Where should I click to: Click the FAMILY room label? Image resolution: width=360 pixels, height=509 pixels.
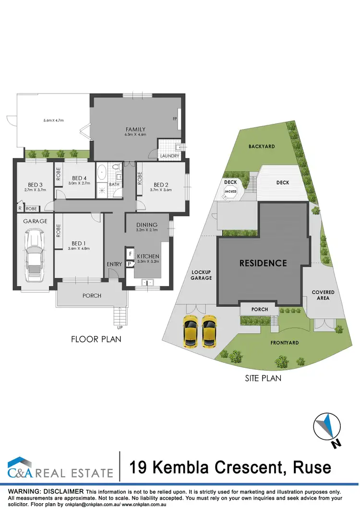(x=135, y=129)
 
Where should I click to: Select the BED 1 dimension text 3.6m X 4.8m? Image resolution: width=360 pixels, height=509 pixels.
(x=79, y=248)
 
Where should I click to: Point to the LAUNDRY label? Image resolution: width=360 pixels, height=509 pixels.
(x=169, y=156)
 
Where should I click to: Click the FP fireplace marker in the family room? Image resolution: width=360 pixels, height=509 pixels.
(x=175, y=118)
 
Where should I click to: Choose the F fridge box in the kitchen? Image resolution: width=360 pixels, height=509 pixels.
(x=130, y=253)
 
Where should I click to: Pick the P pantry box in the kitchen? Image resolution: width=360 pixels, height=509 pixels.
(x=130, y=264)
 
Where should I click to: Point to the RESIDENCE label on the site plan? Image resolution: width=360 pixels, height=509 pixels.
(x=263, y=263)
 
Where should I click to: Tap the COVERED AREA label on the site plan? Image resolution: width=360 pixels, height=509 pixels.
(x=323, y=295)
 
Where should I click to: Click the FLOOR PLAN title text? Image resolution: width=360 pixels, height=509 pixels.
(x=96, y=339)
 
